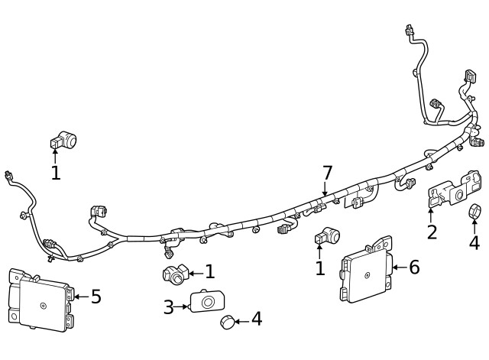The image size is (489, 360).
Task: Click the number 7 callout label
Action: [x=327, y=173]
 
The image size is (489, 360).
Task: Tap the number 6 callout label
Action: [x=414, y=267]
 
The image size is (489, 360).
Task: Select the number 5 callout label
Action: [x=96, y=297]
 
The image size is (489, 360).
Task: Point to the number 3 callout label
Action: [x=169, y=307]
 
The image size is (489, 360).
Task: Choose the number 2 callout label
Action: [x=432, y=232]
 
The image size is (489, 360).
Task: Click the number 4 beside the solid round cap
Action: [x=257, y=319]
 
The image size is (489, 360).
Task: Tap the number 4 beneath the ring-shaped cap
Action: [x=474, y=243]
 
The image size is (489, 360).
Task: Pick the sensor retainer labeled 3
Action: [x=205, y=303]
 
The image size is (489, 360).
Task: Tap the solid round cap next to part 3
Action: [x=227, y=321]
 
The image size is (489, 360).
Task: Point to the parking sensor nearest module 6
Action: [x=329, y=236]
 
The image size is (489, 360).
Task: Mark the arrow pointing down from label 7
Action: [x=325, y=190]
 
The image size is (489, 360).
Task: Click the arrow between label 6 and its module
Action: [x=399, y=268]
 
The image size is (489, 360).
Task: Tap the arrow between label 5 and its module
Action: [x=80, y=297]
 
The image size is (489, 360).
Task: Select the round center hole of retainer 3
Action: [x=206, y=303]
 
